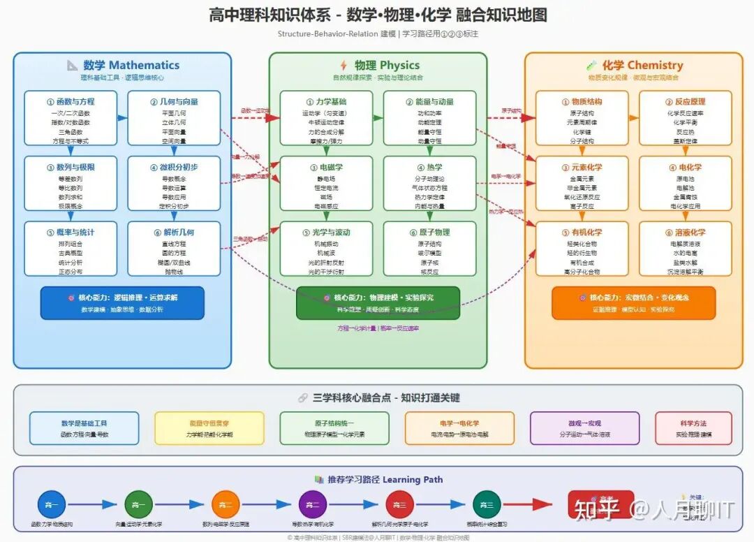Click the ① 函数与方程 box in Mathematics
71,118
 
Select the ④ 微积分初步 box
174,184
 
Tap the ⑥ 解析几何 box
174,249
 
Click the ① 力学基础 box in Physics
326,118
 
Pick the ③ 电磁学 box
326,184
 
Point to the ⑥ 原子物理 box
429,249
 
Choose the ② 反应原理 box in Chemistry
686,118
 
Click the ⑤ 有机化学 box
582,249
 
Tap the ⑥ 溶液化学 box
686,249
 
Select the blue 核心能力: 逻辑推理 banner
122,302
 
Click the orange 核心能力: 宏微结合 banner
634,302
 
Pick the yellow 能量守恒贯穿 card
209,428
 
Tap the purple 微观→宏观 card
584,428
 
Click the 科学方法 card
693,428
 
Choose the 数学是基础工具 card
84,428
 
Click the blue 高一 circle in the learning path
52,504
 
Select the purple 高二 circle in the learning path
312,504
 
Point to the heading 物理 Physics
378,66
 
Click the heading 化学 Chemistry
633,66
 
